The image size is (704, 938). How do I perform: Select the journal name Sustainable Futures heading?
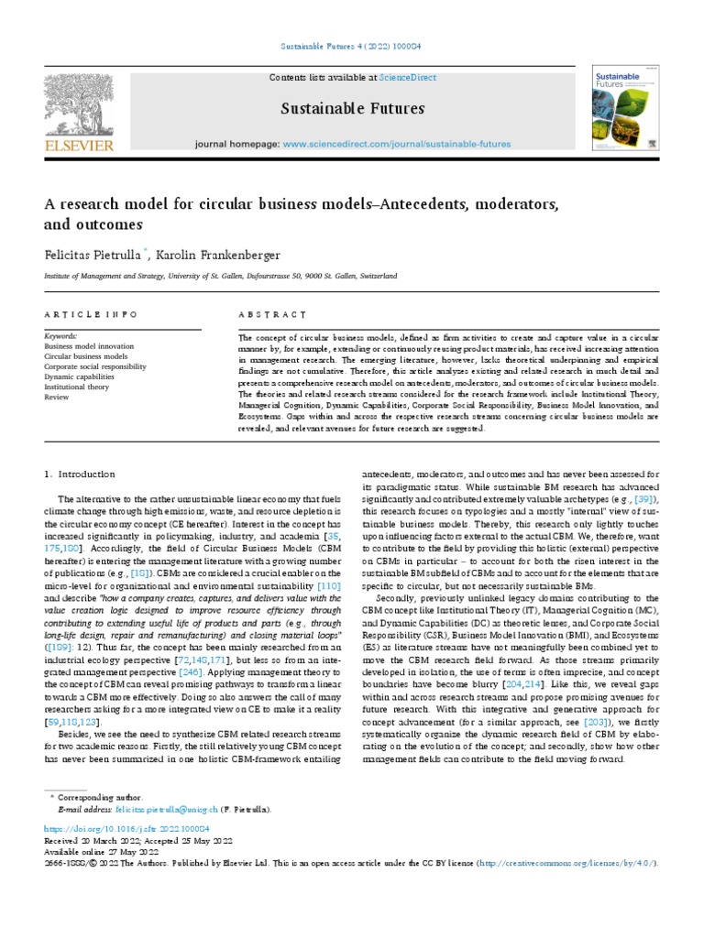point(352,109)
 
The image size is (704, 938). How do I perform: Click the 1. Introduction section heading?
point(80,474)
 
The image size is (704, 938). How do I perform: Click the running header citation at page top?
point(351,46)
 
